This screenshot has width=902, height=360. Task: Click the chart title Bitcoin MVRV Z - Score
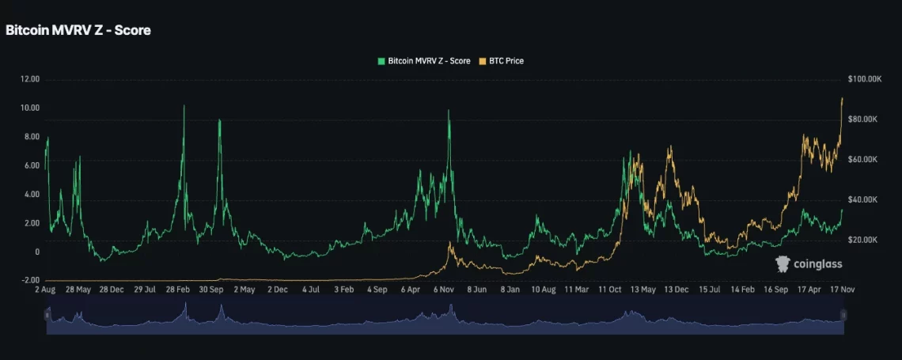click(x=78, y=30)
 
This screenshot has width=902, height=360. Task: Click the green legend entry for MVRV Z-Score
click(x=425, y=61)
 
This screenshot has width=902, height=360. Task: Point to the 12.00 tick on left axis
click(x=30, y=79)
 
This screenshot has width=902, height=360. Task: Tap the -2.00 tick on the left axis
click(x=30, y=280)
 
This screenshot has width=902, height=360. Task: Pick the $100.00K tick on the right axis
click(x=864, y=79)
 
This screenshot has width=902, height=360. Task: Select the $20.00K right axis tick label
click(x=864, y=240)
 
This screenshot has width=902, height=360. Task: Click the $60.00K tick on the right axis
click(x=864, y=159)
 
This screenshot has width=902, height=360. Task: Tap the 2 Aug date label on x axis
click(x=45, y=290)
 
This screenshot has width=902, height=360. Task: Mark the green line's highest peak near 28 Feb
click(x=184, y=105)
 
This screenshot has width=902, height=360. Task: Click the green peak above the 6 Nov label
click(x=449, y=110)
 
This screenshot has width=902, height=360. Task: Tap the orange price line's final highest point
click(x=842, y=98)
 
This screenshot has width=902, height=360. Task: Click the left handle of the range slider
click(x=47, y=315)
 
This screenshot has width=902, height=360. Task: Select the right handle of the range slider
click(x=843, y=315)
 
